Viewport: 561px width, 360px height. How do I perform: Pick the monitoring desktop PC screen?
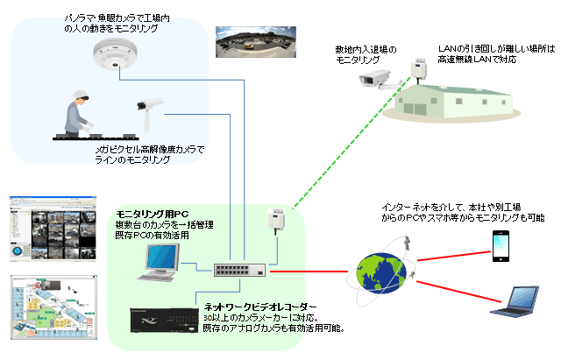pos(163,257)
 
